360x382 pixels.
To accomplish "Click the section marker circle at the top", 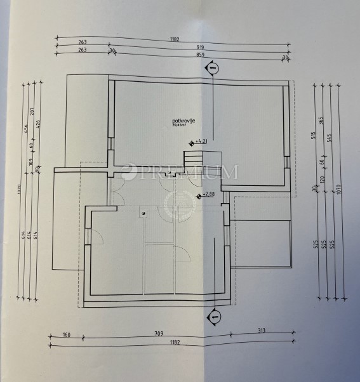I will click(213, 67).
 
